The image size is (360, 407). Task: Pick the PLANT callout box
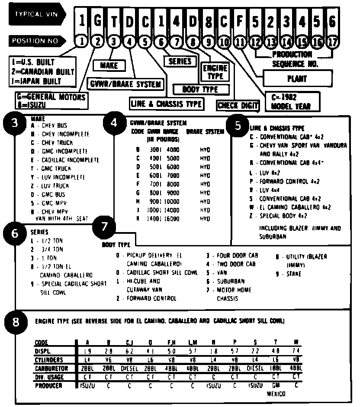click(x=297, y=79)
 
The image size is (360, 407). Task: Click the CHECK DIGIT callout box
click(x=238, y=105)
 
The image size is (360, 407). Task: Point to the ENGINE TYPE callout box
click(x=215, y=72)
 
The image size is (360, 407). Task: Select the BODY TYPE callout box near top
click(x=201, y=90)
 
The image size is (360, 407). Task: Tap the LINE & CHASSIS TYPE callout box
click(x=167, y=103)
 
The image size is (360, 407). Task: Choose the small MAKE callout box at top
click(x=109, y=65)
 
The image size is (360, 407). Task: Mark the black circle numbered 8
click(x=16, y=323)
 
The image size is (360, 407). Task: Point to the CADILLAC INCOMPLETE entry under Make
click(x=65, y=160)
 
